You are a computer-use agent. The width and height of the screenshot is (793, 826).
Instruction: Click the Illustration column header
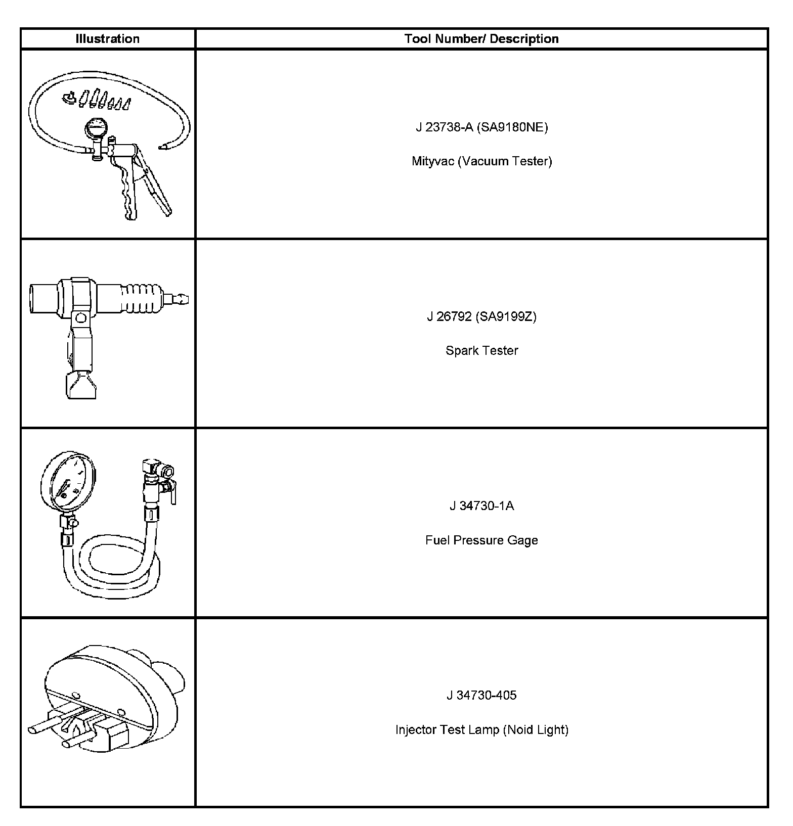click(x=107, y=39)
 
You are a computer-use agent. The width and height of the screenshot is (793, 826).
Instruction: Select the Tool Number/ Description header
click(x=481, y=39)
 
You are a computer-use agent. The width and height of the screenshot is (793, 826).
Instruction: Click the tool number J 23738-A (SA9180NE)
click(x=481, y=127)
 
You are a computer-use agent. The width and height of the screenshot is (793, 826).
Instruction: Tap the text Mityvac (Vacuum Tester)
click(x=481, y=161)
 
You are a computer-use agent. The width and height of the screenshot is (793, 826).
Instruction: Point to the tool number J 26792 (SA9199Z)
click(x=481, y=316)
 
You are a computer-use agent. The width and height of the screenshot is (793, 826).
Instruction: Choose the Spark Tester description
click(x=481, y=350)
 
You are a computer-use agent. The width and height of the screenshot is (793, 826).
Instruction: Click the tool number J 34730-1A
click(x=481, y=506)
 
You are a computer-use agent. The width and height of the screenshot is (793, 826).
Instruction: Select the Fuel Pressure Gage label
click(x=481, y=540)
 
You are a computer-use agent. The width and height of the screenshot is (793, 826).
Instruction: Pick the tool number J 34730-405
click(x=481, y=695)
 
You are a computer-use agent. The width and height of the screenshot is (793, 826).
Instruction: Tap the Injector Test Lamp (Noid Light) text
click(x=481, y=729)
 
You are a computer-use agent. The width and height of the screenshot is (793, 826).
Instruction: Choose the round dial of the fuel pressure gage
click(x=67, y=480)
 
